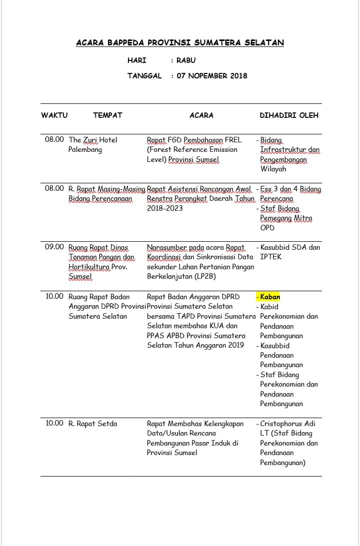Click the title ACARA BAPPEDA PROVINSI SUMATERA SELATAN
click(x=180, y=43)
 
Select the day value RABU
click(x=186, y=60)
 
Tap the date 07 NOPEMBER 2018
click(x=212, y=76)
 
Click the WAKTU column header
click(x=54, y=115)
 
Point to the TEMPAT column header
click(x=107, y=115)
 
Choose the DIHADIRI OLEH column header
click(x=289, y=115)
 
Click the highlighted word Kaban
click(x=270, y=297)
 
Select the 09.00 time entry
click(x=54, y=247)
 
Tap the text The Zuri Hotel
click(x=93, y=140)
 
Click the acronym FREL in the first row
click(x=232, y=140)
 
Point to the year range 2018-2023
click(x=165, y=208)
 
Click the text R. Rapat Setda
click(x=93, y=424)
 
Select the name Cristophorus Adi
click(x=287, y=424)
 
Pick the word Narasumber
click(x=167, y=247)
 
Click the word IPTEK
click(x=270, y=257)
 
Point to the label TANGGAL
click(x=144, y=76)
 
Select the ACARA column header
click(x=201, y=115)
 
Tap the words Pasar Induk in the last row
click(x=209, y=443)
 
